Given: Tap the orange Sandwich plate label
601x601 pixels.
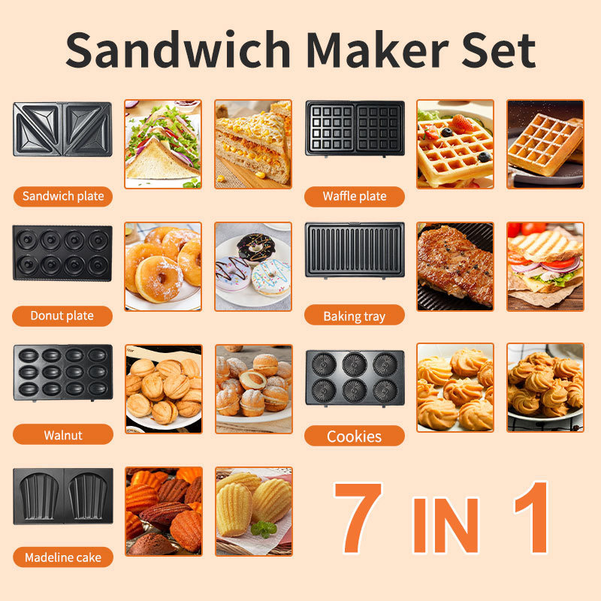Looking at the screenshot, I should [x=63, y=197].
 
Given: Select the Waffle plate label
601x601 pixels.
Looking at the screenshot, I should [x=355, y=197].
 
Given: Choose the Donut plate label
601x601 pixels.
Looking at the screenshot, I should [x=62, y=316].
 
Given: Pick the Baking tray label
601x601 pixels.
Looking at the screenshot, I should [x=354, y=316].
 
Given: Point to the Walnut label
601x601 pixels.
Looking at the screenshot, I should [x=62, y=435].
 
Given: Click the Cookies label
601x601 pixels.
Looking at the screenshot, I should [x=354, y=436].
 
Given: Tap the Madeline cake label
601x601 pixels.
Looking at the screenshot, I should [x=63, y=557].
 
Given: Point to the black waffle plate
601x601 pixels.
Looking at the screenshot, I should [x=355, y=129].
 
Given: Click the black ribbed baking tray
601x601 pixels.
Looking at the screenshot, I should [x=355, y=249].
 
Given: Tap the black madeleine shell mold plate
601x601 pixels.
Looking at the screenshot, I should [x=62, y=496].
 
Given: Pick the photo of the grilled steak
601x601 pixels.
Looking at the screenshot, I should [x=455, y=266].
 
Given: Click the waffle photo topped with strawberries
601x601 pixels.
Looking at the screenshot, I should [x=455, y=144].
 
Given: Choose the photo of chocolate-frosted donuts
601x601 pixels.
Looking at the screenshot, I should [x=253, y=266].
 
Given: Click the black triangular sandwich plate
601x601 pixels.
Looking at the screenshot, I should [x=62, y=129].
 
